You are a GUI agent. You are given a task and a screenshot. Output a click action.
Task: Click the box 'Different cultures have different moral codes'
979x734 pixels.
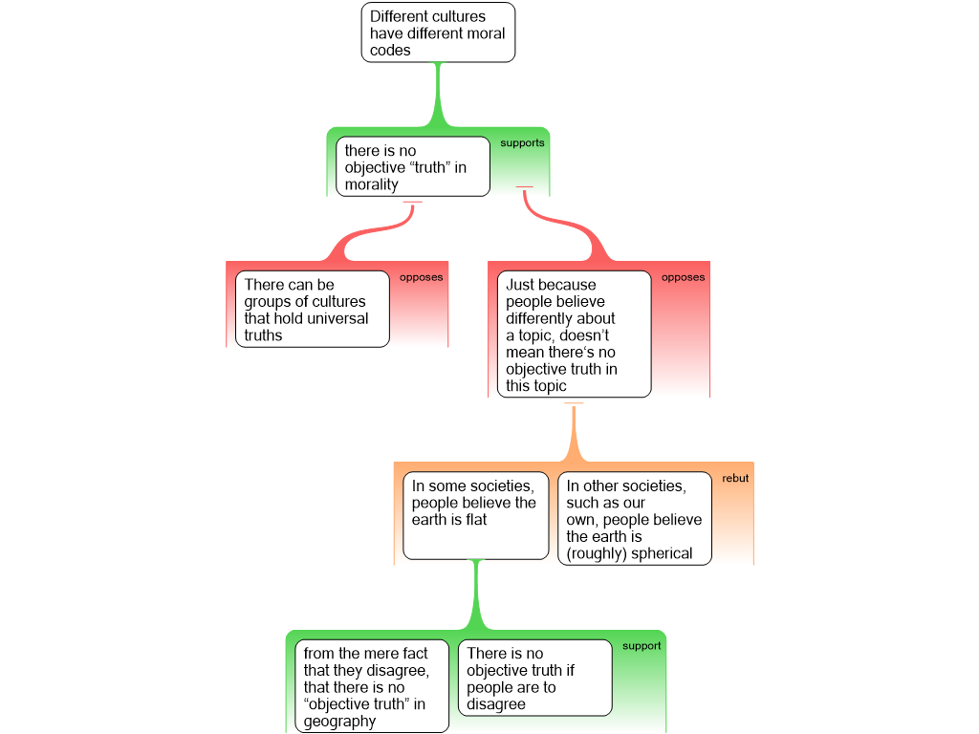point(438,32)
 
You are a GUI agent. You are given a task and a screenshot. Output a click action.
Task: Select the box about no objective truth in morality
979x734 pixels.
point(412,166)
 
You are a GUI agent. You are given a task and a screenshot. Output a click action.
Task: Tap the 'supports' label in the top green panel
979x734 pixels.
point(522,143)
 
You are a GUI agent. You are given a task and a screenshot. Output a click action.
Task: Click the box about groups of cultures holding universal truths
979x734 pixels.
point(313,309)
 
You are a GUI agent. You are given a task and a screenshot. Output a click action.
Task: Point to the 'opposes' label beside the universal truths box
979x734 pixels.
point(421,278)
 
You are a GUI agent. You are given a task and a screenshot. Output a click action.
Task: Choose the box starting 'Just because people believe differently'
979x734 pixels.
point(574,334)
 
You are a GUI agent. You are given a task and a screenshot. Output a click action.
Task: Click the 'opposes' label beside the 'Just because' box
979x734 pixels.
point(683,278)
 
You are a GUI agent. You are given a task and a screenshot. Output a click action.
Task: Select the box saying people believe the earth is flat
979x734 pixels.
point(475,515)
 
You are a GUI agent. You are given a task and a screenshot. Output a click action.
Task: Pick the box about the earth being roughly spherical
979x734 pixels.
point(635,518)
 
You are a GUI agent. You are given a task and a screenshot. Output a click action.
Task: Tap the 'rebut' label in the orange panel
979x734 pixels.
point(735,479)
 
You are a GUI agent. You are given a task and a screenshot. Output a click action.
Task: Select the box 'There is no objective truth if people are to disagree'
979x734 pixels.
point(535,678)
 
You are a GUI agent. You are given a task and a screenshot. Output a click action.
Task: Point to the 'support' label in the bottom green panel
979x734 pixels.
point(642,646)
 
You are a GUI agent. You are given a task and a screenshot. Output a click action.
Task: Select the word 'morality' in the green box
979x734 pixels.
point(371,184)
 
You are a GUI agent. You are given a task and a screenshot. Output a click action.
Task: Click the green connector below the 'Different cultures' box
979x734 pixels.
point(438,96)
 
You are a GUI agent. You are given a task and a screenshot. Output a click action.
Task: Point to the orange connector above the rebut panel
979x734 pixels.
point(574,435)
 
